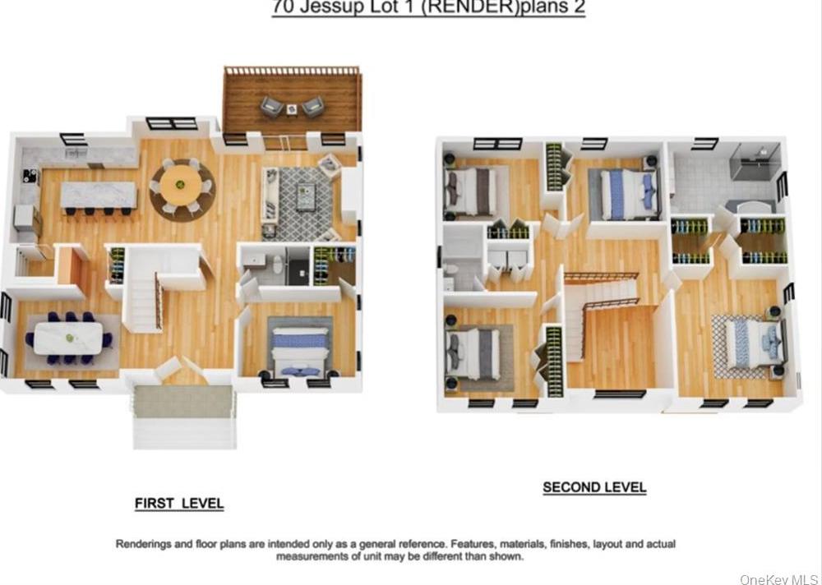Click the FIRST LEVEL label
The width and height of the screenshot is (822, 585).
[179, 504]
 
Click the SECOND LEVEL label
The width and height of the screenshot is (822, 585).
[594, 487]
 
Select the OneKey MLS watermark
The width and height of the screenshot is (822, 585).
[778, 579]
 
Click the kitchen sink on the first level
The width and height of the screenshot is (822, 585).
[76, 153]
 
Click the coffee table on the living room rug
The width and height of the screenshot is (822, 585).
[306, 197]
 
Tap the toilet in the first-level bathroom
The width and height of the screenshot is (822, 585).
[277, 265]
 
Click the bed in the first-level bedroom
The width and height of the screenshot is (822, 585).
[299, 348]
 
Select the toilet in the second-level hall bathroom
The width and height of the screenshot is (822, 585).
[450, 273]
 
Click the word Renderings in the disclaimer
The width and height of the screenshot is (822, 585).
[145, 544]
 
